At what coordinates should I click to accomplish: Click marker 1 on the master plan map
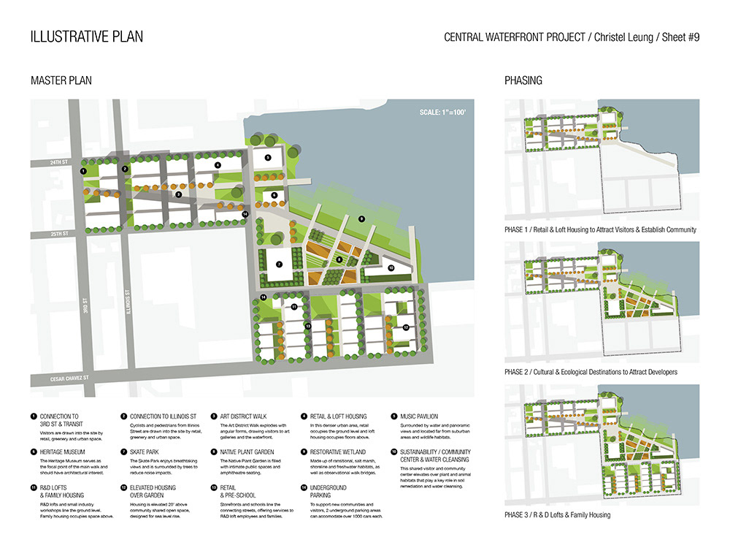84,170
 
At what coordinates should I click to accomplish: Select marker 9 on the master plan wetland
361,218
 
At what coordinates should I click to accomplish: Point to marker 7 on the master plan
279,263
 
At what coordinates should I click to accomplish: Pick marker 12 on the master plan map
406,327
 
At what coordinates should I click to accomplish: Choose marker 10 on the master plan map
391,268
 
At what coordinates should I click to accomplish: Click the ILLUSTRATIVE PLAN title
87,37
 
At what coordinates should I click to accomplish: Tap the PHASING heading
523,80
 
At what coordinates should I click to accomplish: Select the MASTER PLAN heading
61,80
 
